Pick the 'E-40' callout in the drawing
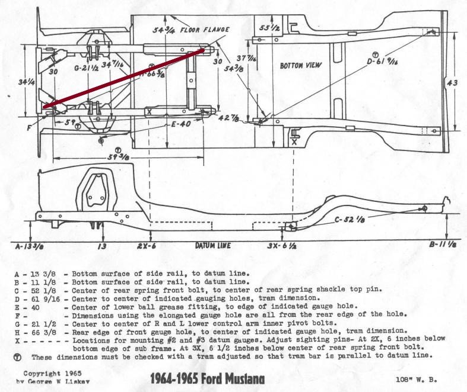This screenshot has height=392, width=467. pos(180,125)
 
